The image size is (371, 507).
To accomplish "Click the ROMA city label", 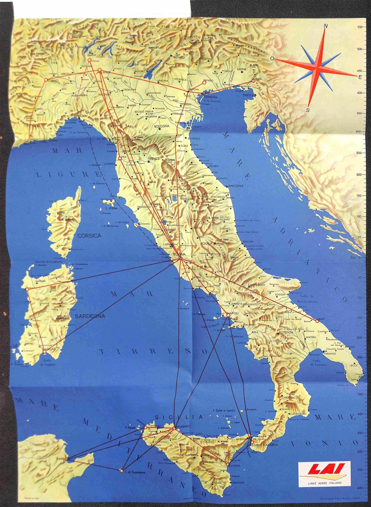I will click(177, 255).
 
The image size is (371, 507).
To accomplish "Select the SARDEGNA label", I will click(90, 316).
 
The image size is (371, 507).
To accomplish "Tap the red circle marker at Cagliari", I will click(44, 351).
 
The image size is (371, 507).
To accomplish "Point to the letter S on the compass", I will click(308, 110).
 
